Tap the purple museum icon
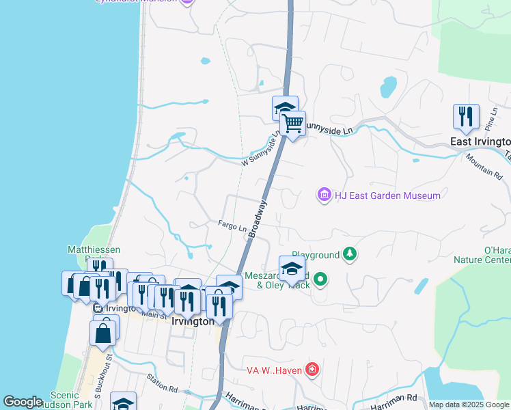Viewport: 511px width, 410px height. (324, 195)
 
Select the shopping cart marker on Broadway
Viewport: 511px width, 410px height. (292, 124)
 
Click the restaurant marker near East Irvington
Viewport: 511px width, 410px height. (466, 116)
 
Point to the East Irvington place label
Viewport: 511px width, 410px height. (480, 141)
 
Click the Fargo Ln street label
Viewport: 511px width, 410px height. (232, 225)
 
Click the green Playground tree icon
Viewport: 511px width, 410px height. (350, 255)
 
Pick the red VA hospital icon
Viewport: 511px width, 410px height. (312, 370)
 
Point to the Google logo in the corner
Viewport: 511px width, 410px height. (23, 402)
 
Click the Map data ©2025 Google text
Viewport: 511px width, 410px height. (469, 405)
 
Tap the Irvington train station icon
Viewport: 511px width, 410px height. (98, 308)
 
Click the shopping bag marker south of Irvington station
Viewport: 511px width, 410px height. (103, 333)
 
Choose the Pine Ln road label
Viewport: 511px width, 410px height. (489, 122)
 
